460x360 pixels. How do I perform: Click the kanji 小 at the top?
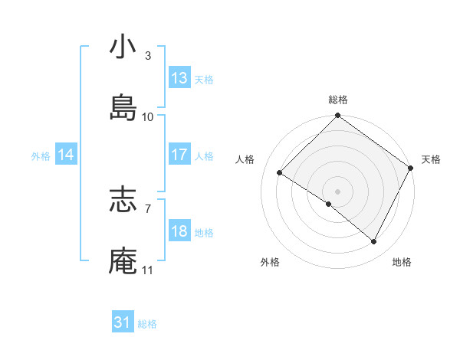pos(123,47)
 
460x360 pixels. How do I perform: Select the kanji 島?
pos(123,107)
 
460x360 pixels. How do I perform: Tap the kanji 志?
pos(123,200)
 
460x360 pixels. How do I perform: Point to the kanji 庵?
pos(123,260)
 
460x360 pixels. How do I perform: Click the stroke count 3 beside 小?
pos(147,55)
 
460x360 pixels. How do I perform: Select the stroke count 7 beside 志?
pos(147,208)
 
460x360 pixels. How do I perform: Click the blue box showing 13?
pos(179,78)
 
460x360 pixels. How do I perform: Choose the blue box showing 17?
pos(179,155)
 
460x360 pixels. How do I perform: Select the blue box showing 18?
pos(179,231)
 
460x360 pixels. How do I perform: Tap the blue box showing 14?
pos(66,155)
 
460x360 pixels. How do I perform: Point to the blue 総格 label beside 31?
pos(147,324)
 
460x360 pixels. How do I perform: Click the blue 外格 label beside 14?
pos(41,155)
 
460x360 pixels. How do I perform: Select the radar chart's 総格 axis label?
pos(337,100)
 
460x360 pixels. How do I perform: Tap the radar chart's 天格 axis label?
pos(431,159)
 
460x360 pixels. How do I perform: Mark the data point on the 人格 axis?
pos(280,172)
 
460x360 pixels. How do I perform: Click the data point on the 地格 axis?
pos(374,241)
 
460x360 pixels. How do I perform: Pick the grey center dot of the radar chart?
pos(337,191)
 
